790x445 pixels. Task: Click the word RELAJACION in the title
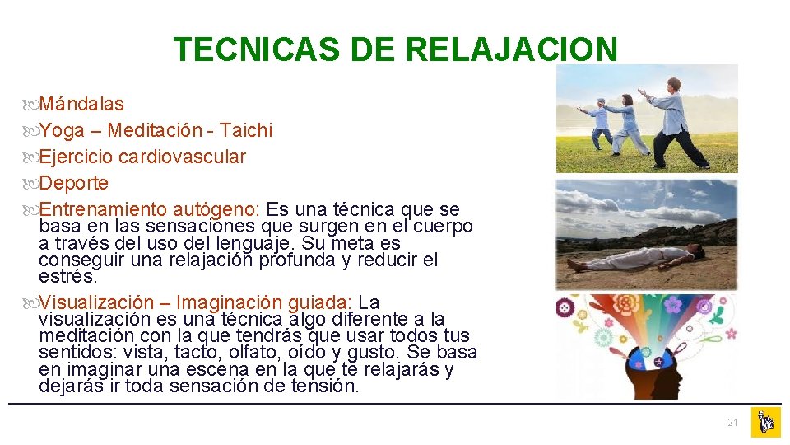511,50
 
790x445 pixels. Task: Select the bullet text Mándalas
81,104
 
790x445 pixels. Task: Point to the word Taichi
245,130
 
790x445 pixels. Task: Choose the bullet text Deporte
74,183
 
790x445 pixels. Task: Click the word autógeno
221,209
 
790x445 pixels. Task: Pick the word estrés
67,277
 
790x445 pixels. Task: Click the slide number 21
732,423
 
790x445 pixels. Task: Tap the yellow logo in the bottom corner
765,423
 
